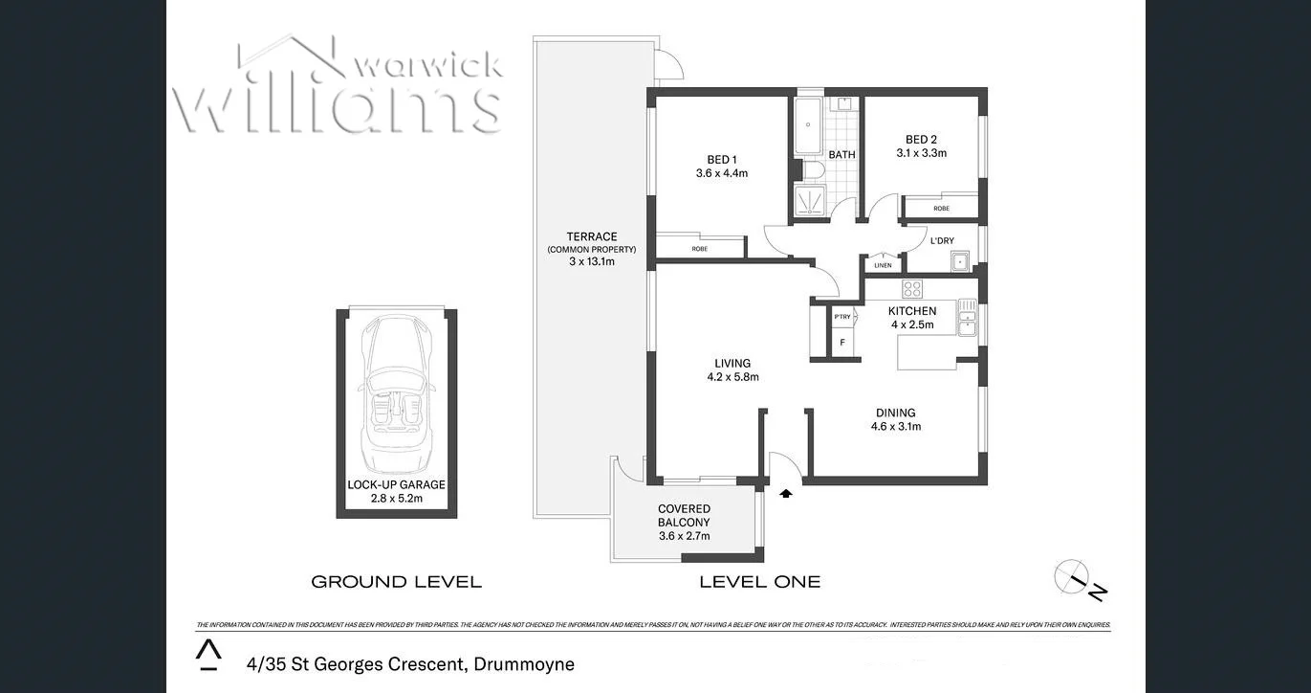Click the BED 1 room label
721,159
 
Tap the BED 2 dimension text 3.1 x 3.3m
921,153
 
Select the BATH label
841,155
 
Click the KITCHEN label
911,311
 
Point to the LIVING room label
732,363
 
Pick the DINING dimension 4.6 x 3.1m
895,427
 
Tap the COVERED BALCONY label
684,516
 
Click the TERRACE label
591,236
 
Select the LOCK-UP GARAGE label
396,484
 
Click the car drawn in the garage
396,392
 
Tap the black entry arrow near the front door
786,494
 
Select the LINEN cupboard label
883,265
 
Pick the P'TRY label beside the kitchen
841,317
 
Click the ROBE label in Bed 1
699,249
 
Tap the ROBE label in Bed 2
941,208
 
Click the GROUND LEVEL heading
396,581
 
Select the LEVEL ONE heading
759,581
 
